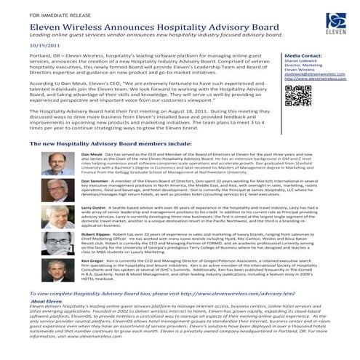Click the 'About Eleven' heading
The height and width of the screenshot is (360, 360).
click(52, 321)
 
